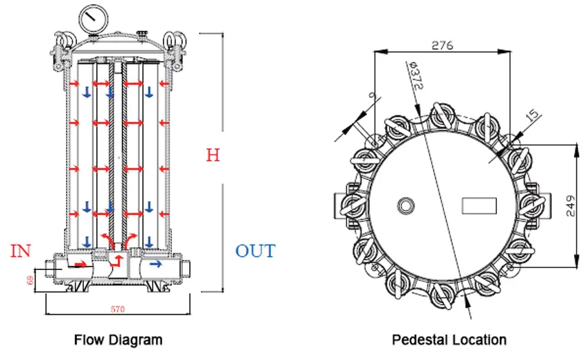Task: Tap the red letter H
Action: point(213,155)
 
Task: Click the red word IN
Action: point(21,251)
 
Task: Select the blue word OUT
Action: point(255,251)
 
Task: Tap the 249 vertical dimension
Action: point(571,204)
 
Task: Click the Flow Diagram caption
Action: point(118,339)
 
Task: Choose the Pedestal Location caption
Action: point(449,339)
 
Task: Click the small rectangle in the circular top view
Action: point(479,205)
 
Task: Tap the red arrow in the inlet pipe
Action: point(81,263)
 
